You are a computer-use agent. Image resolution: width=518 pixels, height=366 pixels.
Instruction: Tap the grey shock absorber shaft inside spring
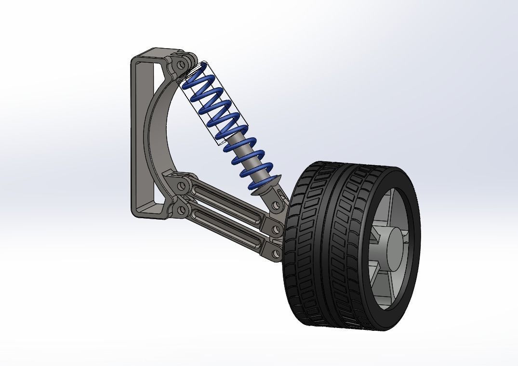pyautogui.click(x=241, y=144)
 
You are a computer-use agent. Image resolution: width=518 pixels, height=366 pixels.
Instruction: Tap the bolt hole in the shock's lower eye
pyautogui.click(x=276, y=206)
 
